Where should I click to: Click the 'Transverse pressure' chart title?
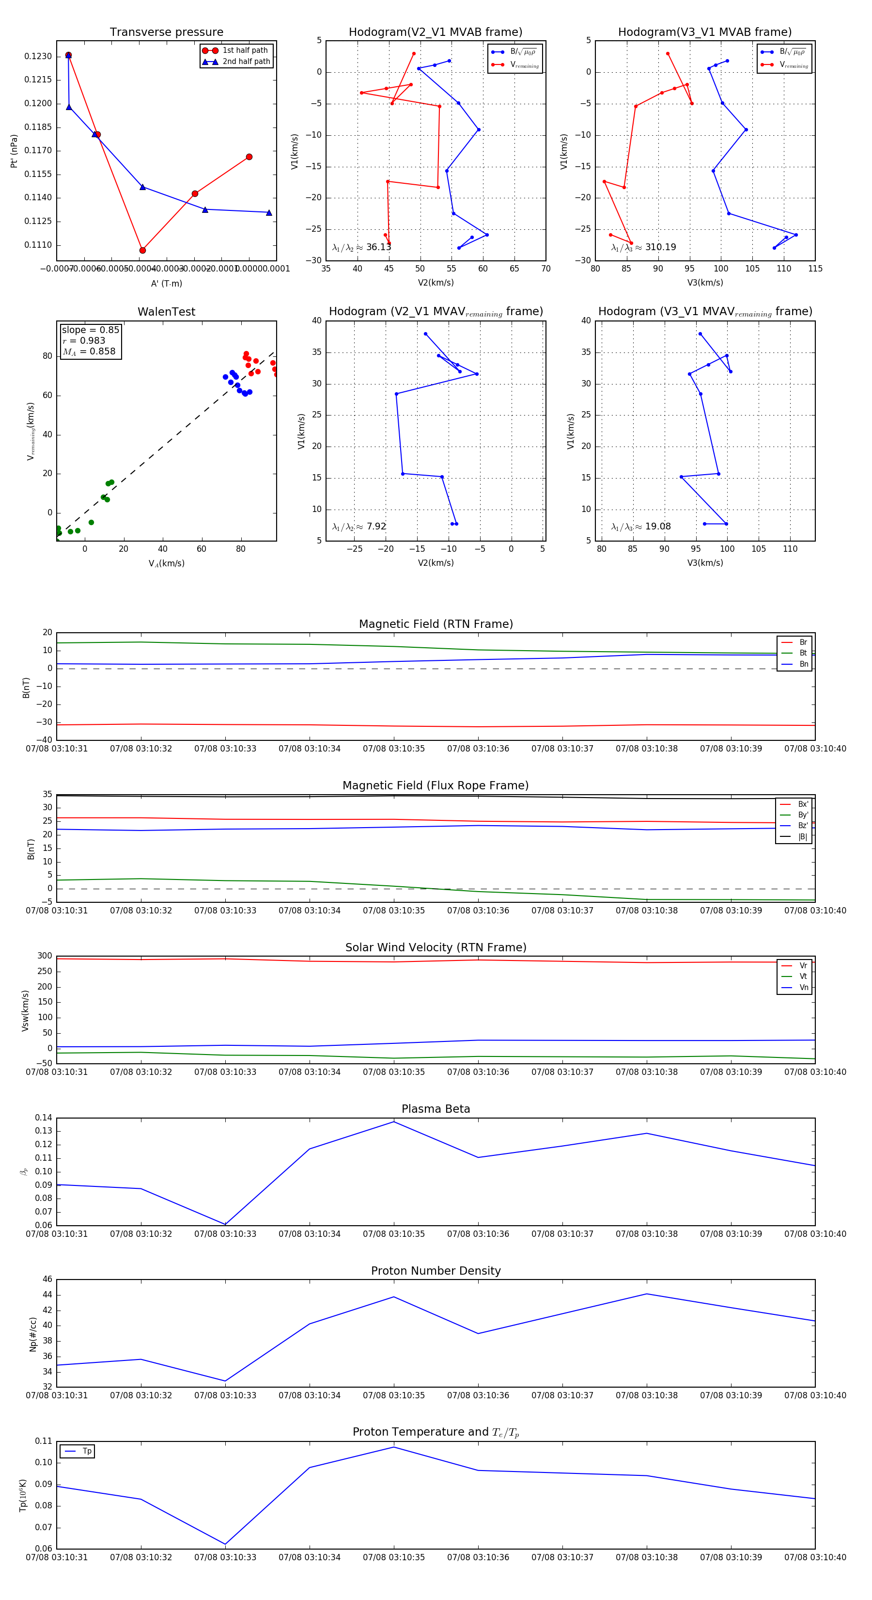166,32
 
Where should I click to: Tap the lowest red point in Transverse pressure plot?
143,250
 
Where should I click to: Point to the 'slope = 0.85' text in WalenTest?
90,330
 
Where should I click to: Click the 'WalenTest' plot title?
166,312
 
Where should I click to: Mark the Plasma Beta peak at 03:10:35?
393,1122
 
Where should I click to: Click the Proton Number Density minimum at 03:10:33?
225,1381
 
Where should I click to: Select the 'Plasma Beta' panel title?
436,1109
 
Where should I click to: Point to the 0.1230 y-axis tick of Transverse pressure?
38,57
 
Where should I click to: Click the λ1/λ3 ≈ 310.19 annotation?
644,247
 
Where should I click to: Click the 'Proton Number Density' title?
436,1270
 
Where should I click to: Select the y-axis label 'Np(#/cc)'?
33,1334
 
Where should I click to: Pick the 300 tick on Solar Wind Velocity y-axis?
45,956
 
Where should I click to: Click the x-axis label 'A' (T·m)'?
166,283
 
